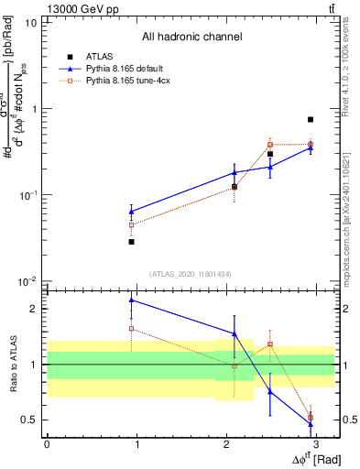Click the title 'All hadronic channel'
(x=191, y=38)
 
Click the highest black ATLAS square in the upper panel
(x=311, y=119)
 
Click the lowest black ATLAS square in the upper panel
(x=132, y=242)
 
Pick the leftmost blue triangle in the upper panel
(x=132, y=212)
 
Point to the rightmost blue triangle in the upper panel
(x=311, y=147)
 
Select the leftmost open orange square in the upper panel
(x=132, y=224)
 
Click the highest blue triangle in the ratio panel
(x=132, y=300)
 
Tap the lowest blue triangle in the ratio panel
(x=311, y=424)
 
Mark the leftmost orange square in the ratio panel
(x=132, y=328)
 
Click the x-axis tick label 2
(x=225, y=443)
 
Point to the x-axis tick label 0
(x=47, y=443)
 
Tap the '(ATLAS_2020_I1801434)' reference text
(x=191, y=274)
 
